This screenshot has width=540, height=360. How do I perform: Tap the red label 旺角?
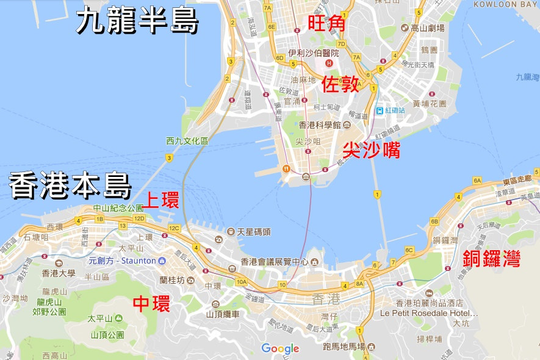[x=326, y=24]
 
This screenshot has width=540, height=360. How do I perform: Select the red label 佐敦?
[x=340, y=85]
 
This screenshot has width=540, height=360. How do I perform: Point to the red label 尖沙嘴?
[x=371, y=149]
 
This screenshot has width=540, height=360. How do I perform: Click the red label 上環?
[x=161, y=200]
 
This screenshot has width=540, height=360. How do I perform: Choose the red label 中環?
[x=151, y=304]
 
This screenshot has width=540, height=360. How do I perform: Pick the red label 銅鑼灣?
[x=492, y=259]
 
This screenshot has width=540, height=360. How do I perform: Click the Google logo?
[x=280, y=349]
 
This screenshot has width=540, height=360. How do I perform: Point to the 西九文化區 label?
[x=187, y=141]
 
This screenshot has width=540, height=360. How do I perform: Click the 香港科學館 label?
[x=319, y=125]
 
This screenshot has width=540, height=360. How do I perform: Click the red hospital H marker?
[x=329, y=63]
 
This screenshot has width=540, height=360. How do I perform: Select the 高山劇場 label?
[x=428, y=28]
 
